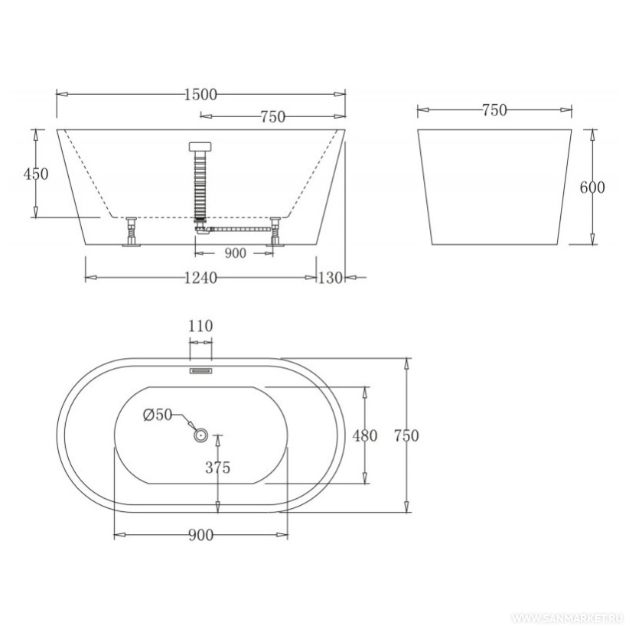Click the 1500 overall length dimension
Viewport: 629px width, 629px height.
tap(200, 95)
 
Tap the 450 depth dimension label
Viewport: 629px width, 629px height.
tap(36, 174)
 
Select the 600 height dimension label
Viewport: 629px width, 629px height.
tap(592, 187)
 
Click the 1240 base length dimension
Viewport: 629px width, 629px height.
tap(200, 277)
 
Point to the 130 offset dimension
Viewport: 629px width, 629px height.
tap(330, 278)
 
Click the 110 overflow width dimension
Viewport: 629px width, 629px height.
tap(200, 326)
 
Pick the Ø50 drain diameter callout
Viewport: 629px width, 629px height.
tap(158, 415)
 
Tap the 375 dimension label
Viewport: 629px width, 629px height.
tap(218, 468)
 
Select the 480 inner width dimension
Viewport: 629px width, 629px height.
tap(365, 435)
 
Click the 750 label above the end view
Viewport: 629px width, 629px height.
tap(494, 110)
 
